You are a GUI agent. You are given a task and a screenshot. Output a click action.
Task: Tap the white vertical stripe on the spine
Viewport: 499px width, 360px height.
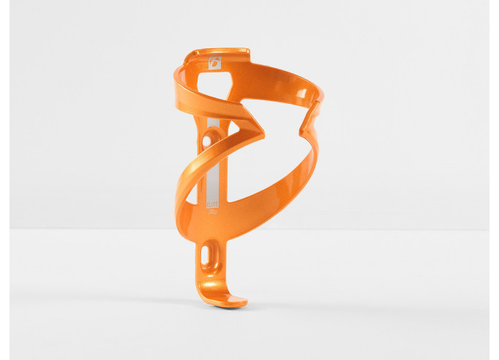213,168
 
